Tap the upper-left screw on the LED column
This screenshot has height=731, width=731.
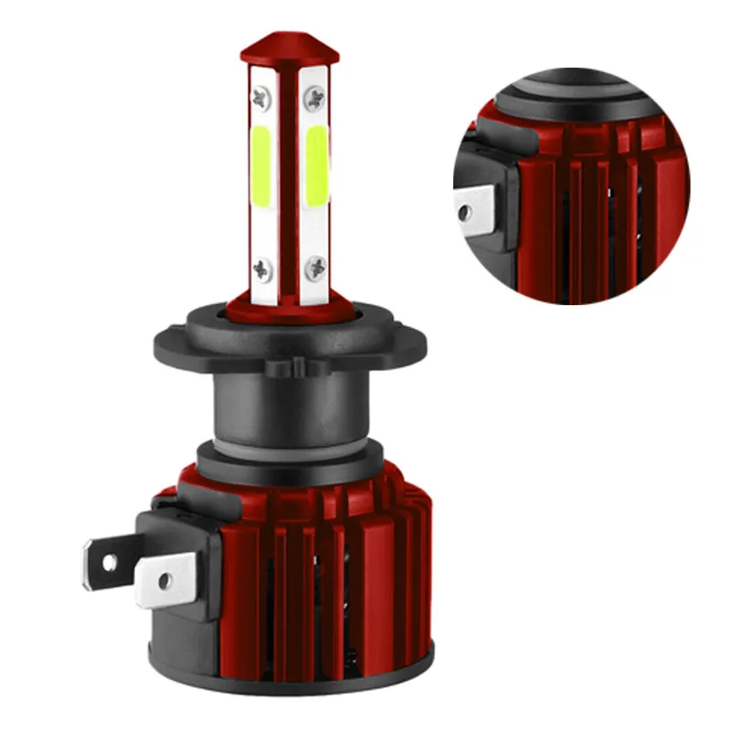pos(260,94)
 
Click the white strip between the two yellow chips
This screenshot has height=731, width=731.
pos(288,174)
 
